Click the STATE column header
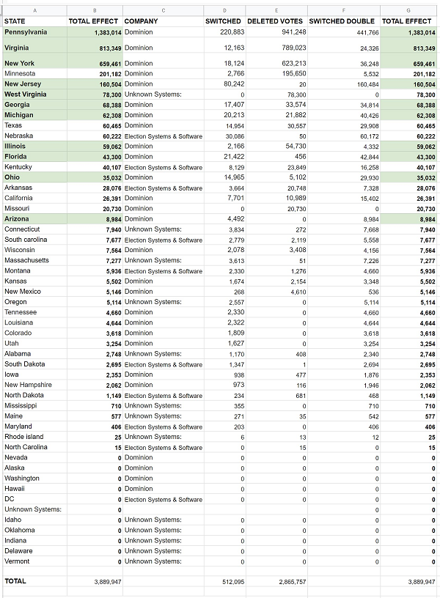[x=15, y=21]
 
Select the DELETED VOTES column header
[x=275, y=21]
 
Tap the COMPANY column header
[x=141, y=21]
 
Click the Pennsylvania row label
[x=26, y=32]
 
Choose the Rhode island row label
[x=24, y=437]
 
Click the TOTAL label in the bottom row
[x=15, y=581]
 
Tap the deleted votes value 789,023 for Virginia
[x=290, y=48]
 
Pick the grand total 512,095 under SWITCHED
[x=230, y=582]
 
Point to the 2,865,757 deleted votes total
[x=287, y=582]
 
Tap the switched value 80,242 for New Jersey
[x=232, y=84]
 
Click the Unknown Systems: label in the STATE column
[x=33, y=509]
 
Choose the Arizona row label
[x=18, y=219]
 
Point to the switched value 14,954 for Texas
[x=232, y=126]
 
